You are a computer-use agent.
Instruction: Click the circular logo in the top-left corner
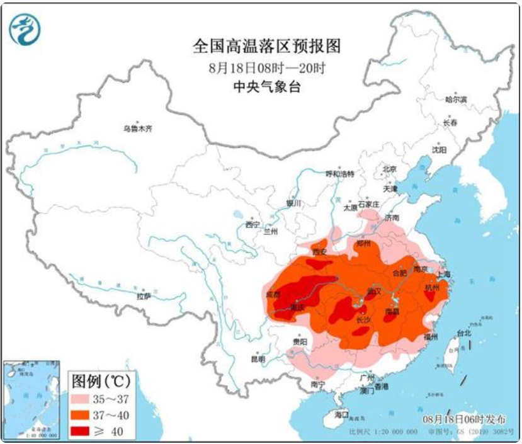tap(24, 29)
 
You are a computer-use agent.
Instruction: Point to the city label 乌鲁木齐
tap(138, 128)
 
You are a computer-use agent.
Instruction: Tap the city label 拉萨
tap(144, 296)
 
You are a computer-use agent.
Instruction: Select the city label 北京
tap(390, 169)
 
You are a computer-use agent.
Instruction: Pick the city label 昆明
tap(258, 360)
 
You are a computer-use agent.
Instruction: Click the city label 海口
tap(341, 414)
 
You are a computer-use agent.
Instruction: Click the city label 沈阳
tap(439, 150)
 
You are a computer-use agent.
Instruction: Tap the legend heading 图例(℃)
tap(99, 382)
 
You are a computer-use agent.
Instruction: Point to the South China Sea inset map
tap(31, 400)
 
